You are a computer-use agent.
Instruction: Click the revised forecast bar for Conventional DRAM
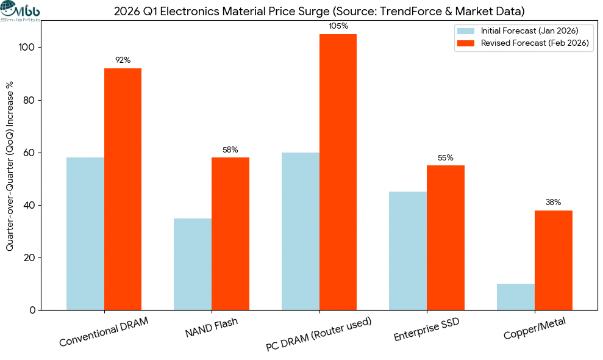click(123, 189)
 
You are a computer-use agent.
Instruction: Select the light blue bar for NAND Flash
click(193, 264)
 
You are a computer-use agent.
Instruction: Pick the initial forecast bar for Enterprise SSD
click(408, 251)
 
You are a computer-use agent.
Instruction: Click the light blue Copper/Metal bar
click(516, 297)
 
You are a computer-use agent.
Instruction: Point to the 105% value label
click(338, 26)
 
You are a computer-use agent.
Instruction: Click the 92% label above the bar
click(123, 60)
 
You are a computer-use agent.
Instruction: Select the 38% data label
click(553, 202)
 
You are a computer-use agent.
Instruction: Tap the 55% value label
click(446, 157)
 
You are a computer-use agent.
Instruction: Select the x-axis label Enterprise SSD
click(426, 329)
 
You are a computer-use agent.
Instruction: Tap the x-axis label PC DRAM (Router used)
click(319, 334)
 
